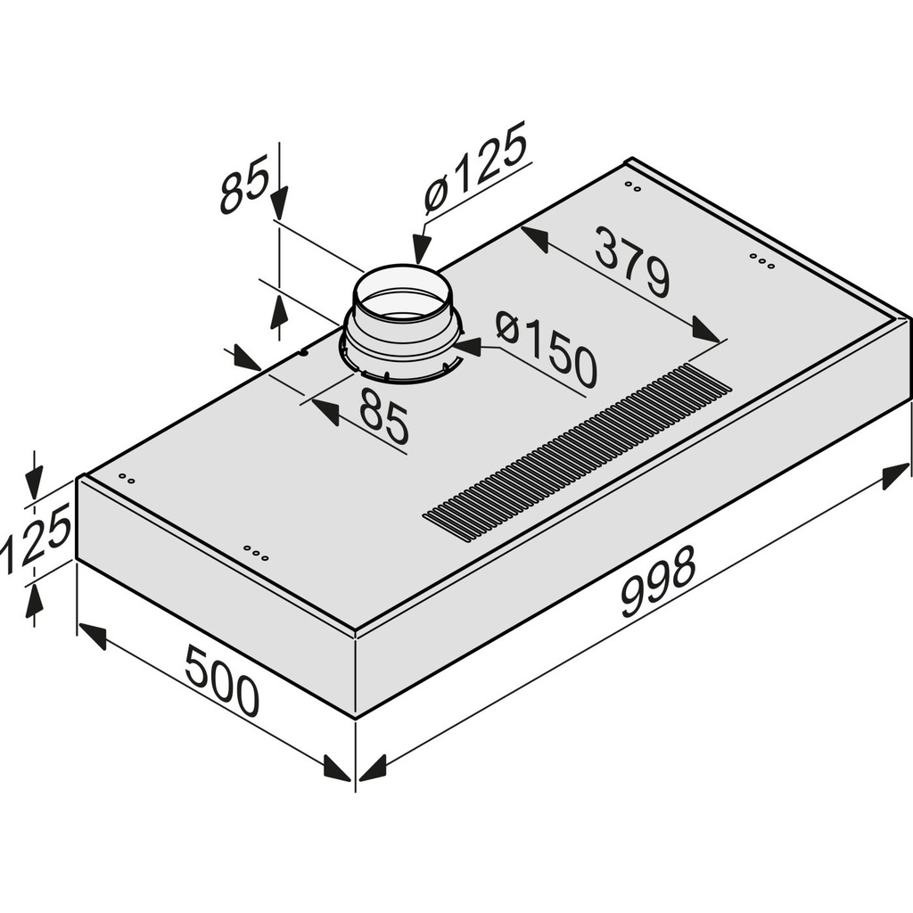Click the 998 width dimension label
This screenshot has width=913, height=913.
coord(657,581)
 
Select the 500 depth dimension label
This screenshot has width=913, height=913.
coord(222,681)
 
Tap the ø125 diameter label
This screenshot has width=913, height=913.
coord(474,173)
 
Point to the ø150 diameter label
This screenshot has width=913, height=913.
coord(546,348)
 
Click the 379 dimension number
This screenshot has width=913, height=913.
coord(632,262)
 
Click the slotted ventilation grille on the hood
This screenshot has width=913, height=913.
coord(578,452)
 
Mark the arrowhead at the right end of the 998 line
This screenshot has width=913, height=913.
coord(896,477)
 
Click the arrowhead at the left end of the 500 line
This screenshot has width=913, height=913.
coord(93,636)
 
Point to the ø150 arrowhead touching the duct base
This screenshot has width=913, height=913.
coord(469,347)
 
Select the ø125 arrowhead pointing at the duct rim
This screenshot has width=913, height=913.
coord(421,248)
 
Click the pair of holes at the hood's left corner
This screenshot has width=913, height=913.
coord(127,480)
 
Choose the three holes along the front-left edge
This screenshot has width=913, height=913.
coord(256,554)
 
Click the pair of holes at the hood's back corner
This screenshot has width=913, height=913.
coord(633,187)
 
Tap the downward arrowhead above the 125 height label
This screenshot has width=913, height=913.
coord(34,485)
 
